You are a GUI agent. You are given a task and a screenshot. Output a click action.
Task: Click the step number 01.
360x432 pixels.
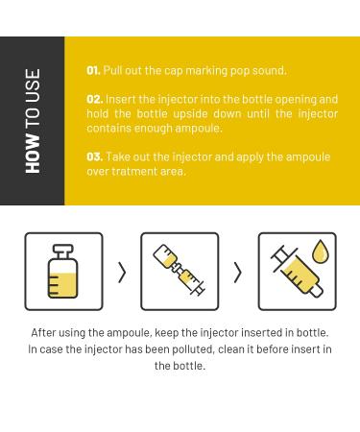93,70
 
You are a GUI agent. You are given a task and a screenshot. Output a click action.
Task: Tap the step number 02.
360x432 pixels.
95,99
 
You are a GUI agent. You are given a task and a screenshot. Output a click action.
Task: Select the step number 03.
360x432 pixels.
95,156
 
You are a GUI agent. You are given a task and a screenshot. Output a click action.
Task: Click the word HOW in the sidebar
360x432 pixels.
33,154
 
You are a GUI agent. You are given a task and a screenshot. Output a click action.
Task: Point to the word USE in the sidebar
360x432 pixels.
33,85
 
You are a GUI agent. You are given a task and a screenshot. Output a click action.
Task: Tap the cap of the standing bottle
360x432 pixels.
63,251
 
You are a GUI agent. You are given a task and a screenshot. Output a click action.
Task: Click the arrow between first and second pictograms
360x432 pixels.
122,273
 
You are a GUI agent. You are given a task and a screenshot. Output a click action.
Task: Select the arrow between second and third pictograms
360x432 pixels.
237,273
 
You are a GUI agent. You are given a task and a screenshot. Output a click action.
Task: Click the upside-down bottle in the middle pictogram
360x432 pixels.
166,257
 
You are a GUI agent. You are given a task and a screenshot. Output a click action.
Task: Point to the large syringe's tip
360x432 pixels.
320,293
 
